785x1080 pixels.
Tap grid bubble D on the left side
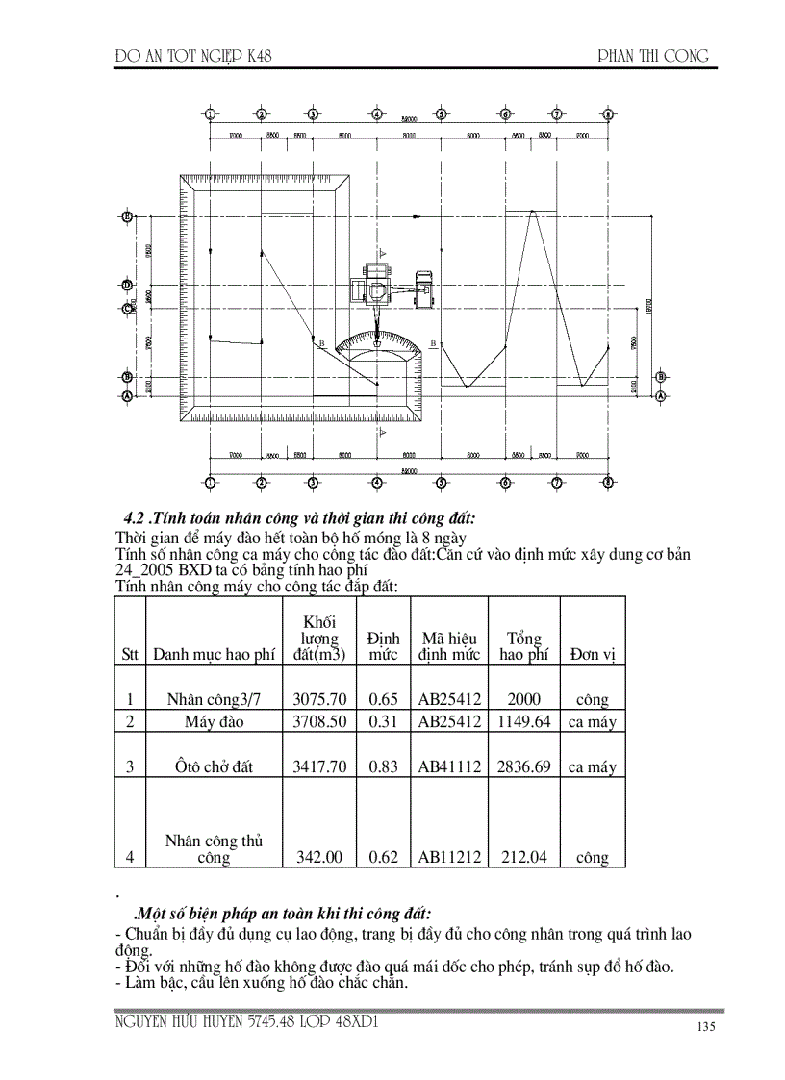(x=126, y=285)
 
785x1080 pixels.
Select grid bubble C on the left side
(x=126, y=309)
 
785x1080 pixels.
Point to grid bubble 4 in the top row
(x=377, y=114)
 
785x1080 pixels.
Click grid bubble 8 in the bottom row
(x=608, y=482)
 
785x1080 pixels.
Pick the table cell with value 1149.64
(x=524, y=722)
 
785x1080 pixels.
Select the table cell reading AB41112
(x=449, y=766)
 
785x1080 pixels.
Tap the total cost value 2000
(x=524, y=700)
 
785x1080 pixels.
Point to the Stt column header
(x=130, y=655)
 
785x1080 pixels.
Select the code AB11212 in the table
(x=449, y=857)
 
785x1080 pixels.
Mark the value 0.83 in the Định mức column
(x=383, y=766)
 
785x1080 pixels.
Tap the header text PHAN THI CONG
(x=653, y=56)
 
